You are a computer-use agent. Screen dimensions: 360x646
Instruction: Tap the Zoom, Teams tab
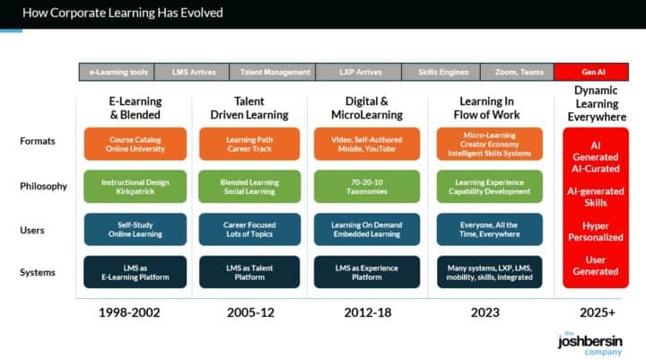518,72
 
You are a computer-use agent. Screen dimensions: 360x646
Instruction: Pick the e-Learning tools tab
116,72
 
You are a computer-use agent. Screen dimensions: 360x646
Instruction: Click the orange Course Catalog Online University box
135,144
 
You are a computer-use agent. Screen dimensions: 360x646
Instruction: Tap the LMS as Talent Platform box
249,272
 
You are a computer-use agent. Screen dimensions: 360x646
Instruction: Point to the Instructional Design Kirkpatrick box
135,186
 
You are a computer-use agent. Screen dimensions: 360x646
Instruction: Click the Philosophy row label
44,187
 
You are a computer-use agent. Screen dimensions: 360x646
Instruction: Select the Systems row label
39,272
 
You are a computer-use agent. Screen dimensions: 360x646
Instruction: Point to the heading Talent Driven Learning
249,108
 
